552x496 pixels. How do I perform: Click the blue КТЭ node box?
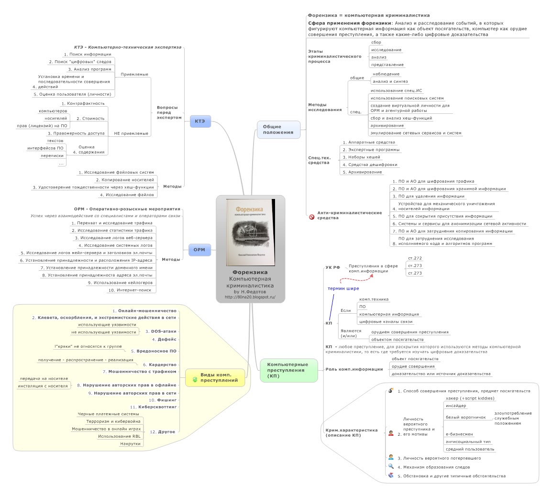tap(200, 121)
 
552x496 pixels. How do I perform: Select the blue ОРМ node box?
tap(199, 249)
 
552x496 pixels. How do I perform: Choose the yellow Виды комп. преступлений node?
tap(215, 377)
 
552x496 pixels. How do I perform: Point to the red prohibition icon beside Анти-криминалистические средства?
tap(312, 217)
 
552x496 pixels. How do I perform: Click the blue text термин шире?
tap(343, 288)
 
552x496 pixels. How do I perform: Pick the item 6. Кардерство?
tap(159, 364)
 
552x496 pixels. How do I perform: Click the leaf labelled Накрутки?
tap(131, 443)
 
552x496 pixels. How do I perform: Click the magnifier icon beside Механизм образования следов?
tap(391, 466)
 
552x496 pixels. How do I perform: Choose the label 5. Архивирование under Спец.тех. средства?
tap(362, 172)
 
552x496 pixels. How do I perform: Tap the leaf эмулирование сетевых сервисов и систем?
tap(416, 133)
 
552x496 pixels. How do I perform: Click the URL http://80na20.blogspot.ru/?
tap(250, 297)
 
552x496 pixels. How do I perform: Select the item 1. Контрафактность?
tap(83, 103)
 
